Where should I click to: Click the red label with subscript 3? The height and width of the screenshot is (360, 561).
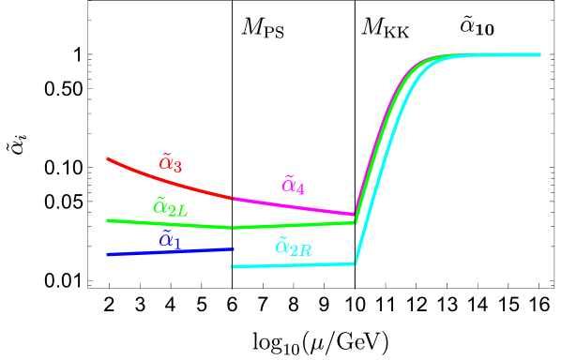170,163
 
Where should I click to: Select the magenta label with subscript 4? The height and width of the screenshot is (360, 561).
293,185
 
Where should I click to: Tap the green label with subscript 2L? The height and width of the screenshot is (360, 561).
170,207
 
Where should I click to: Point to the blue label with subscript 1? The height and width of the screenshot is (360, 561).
170,240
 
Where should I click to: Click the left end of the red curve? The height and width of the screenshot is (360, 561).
108,159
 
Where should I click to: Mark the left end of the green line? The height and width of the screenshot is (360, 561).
108,221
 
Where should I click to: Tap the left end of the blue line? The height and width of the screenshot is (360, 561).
108,254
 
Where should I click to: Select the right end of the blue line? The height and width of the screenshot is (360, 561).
233,248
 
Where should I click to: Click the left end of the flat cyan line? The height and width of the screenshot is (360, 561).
232,267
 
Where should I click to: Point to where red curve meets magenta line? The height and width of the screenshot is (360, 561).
234,199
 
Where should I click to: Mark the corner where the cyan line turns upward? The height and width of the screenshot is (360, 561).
356,263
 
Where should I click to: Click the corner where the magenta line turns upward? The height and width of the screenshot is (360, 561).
355,215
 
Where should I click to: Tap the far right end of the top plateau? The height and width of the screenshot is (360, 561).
540,54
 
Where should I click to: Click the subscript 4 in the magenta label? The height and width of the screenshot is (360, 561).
300,189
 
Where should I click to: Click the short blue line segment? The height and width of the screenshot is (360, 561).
170,251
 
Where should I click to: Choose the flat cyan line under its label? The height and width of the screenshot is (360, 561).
293,265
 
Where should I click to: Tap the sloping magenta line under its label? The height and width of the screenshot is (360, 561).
294,206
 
